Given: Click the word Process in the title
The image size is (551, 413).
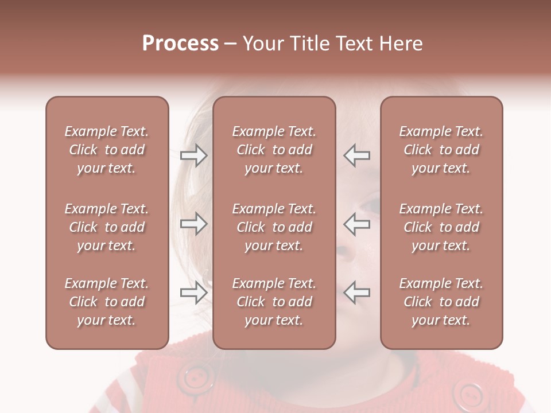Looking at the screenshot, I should tap(180, 44).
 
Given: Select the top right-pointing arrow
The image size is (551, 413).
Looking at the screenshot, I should tap(193, 155).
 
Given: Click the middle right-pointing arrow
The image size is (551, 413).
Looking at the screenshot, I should tap(193, 224).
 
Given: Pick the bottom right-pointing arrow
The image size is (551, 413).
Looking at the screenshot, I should tap(193, 293).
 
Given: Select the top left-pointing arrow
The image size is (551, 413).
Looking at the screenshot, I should tap(357, 155).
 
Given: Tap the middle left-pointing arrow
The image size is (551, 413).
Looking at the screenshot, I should tap(357, 224).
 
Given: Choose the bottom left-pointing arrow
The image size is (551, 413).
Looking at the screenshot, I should tap(357, 293).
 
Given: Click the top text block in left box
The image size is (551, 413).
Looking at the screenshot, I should tap(107, 150).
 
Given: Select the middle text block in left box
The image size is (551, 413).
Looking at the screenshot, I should tap(107, 227).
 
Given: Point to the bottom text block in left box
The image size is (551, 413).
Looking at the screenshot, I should tap(107, 302).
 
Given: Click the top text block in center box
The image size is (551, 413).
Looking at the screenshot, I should tap(274, 150).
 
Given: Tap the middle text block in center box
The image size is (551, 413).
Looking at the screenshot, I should tap(274, 227).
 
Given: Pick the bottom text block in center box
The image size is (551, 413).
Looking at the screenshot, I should tap(274, 302).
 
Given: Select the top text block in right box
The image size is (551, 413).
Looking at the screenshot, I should tap(441, 150).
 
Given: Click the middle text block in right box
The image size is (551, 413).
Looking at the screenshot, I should tap(441, 227).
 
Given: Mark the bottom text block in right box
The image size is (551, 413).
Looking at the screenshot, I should tap(441, 302).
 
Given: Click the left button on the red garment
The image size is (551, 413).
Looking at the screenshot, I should tap(196, 377).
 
